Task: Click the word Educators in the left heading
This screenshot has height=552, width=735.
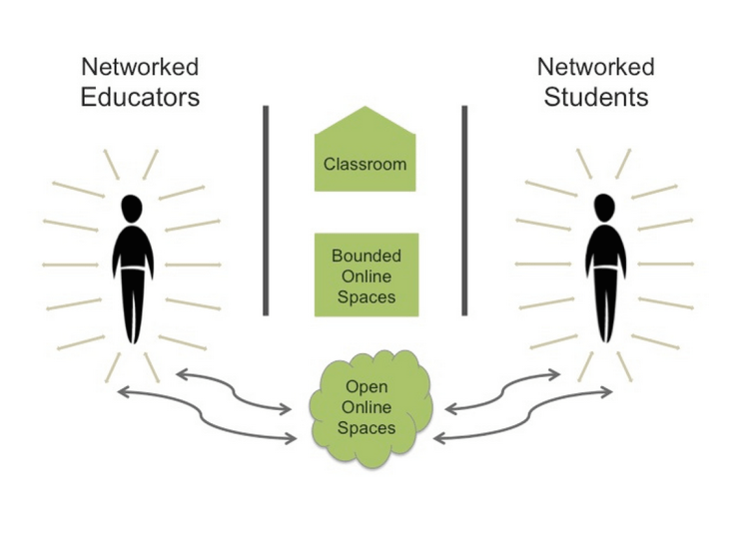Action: pyautogui.click(x=140, y=97)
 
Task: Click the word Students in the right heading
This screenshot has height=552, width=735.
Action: pyautogui.click(x=595, y=97)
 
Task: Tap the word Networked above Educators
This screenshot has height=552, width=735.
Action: pyautogui.click(x=140, y=68)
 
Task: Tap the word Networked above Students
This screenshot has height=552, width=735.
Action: pyautogui.click(x=595, y=68)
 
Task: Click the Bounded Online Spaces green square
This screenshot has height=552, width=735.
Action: pyautogui.click(x=365, y=275)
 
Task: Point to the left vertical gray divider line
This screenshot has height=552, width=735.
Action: pyautogui.click(x=266, y=210)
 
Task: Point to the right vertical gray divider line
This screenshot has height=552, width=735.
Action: pyautogui.click(x=464, y=210)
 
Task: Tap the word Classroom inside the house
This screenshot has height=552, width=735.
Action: pyautogui.click(x=365, y=164)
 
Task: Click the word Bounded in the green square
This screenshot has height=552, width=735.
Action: pyautogui.click(x=365, y=256)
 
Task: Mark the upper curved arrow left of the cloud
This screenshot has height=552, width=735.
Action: pyautogui.click(x=234, y=390)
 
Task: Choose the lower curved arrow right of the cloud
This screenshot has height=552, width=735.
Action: pyautogui.click(x=524, y=414)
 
